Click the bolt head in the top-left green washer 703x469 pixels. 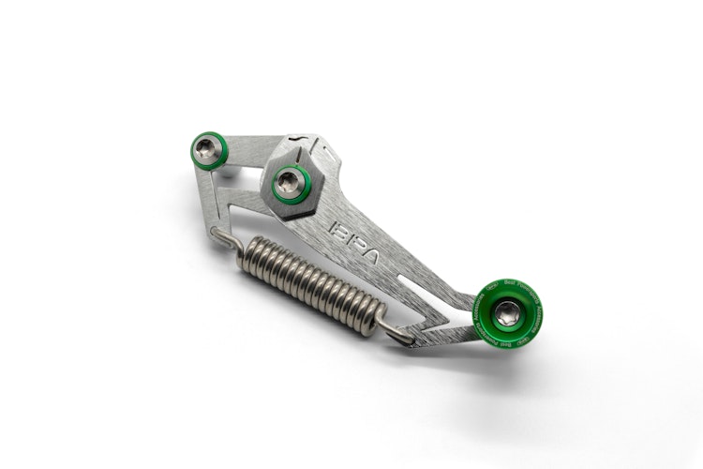[x=207, y=148]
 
